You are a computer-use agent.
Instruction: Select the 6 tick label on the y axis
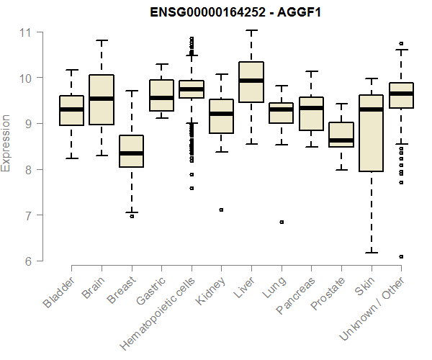click(28, 261)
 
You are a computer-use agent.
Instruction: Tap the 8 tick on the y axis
click(28, 169)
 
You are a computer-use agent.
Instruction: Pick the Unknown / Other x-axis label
click(374, 309)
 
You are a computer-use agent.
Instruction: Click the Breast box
click(131, 151)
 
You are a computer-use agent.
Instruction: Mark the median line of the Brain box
click(101, 99)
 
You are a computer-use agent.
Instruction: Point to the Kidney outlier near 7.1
click(221, 210)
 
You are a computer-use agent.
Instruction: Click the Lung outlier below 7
click(282, 222)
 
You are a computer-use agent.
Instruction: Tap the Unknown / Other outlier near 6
click(401, 256)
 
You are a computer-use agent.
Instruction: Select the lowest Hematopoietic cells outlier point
click(191, 188)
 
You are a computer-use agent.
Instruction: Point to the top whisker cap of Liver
click(251, 30)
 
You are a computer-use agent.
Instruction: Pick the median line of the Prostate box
click(341, 140)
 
